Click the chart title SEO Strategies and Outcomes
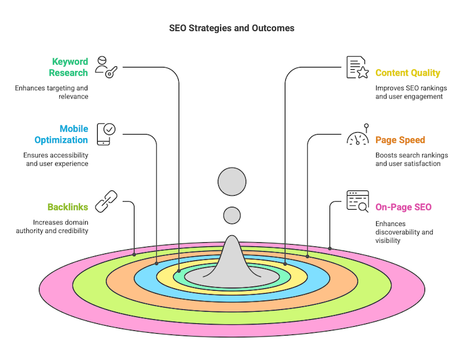[232, 28]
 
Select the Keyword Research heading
[69, 67]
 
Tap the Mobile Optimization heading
[61, 134]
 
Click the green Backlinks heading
[68, 207]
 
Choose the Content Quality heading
[408, 73]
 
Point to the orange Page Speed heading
[400, 140]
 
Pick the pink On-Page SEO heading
[403, 207]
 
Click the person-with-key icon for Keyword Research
[107, 67]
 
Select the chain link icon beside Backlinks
[107, 201]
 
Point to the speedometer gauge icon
[357, 136]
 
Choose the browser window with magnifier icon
[357, 201]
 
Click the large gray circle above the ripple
[232, 181]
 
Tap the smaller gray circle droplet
[232, 216]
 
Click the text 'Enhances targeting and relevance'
[52, 92]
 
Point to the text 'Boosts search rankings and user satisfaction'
[408, 160]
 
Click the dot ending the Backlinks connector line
[134, 255]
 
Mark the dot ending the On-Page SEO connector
[330, 249]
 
